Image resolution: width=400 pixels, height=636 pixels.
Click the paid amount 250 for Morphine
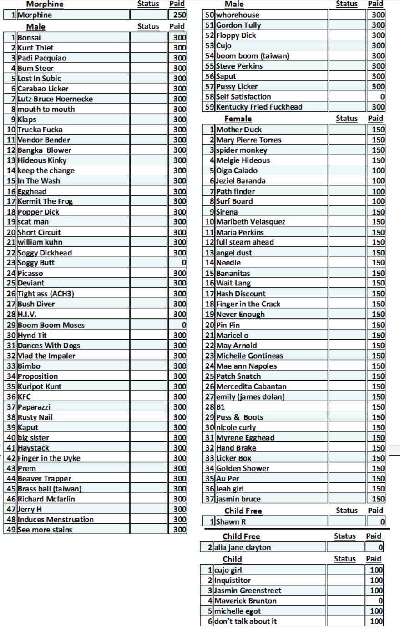(x=180, y=15)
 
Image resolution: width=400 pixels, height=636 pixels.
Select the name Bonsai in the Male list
(x=29, y=37)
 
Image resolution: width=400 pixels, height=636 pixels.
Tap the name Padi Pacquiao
(x=42, y=58)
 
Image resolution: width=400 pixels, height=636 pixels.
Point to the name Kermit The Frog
(x=45, y=201)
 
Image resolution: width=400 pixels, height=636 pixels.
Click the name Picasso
(x=30, y=273)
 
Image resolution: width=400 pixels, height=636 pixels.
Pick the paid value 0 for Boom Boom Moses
(x=184, y=325)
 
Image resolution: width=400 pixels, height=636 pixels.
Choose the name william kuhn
(x=40, y=242)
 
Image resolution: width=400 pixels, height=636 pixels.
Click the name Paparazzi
(x=34, y=407)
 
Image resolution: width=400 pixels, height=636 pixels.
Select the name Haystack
(x=33, y=448)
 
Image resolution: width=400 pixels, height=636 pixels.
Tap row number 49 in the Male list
(x=11, y=530)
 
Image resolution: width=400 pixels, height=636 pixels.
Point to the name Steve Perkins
(x=239, y=66)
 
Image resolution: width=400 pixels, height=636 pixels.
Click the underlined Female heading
(x=238, y=119)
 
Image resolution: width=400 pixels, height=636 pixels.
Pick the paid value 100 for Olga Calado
(x=378, y=170)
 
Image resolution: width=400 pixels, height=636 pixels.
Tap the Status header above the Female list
(x=347, y=118)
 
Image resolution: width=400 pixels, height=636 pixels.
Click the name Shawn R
(x=231, y=521)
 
